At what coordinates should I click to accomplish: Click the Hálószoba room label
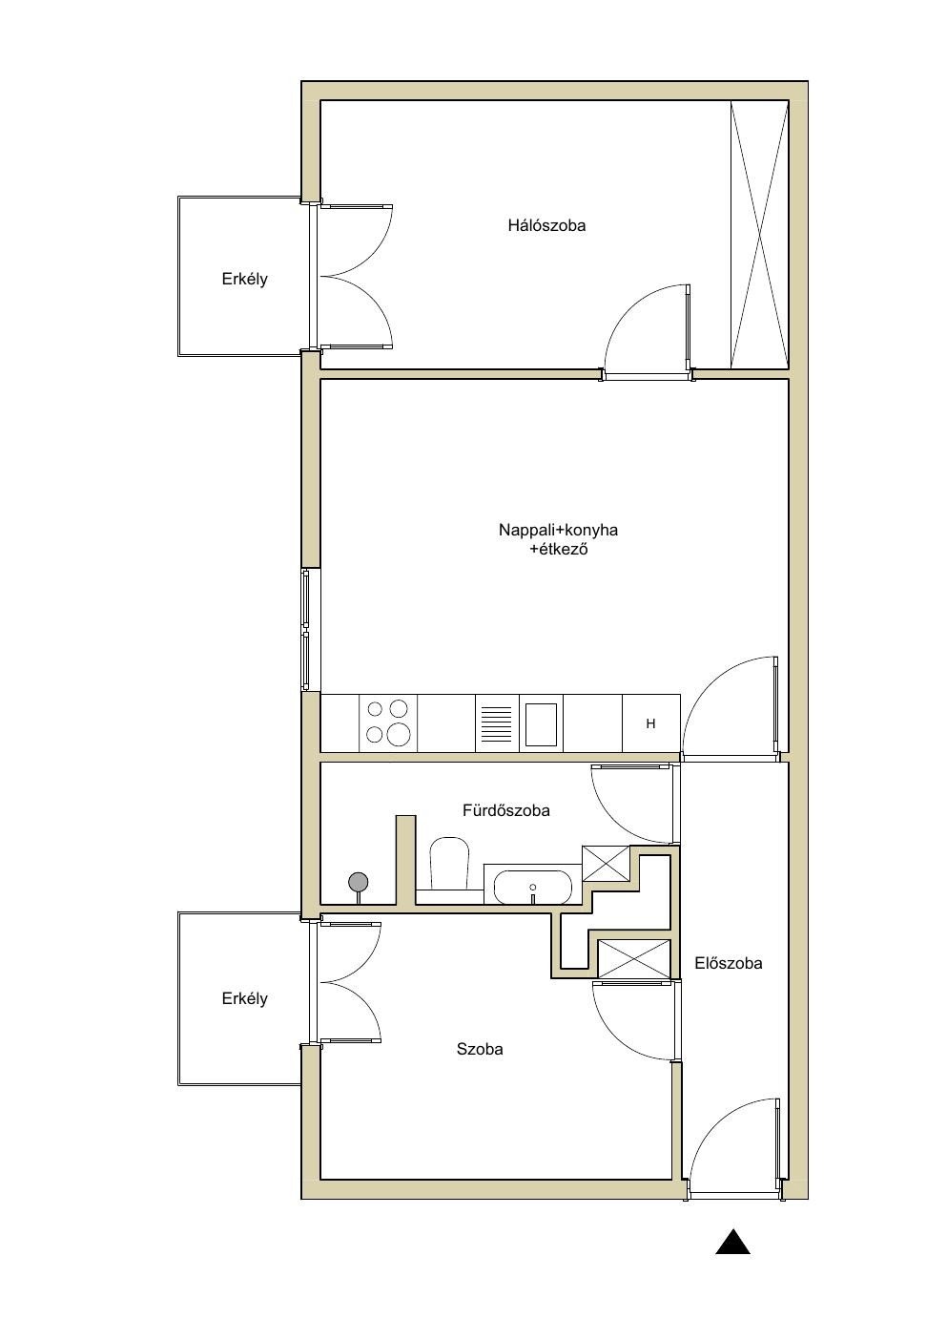(x=546, y=225)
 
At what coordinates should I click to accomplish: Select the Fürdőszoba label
(x=505, y=810)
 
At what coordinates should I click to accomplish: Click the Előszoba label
(x=729, y=963)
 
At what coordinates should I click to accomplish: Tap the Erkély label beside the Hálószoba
(x=244, y=279)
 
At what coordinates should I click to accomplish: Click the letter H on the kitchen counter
(x=650, y=723)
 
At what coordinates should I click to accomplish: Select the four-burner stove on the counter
(x=387, y=722)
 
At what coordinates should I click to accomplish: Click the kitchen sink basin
(x=541, y=723)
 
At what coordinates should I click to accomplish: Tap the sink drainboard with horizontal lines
(x=496, y=723)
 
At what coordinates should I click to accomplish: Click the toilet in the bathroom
(x=448, y=866)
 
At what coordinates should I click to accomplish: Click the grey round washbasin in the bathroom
(x=359, y=882)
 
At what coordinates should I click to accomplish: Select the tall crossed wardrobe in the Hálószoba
(x=759, y=235)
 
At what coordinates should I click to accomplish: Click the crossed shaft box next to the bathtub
(x=607, y=863)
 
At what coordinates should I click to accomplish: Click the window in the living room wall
(x=307, y=630)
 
